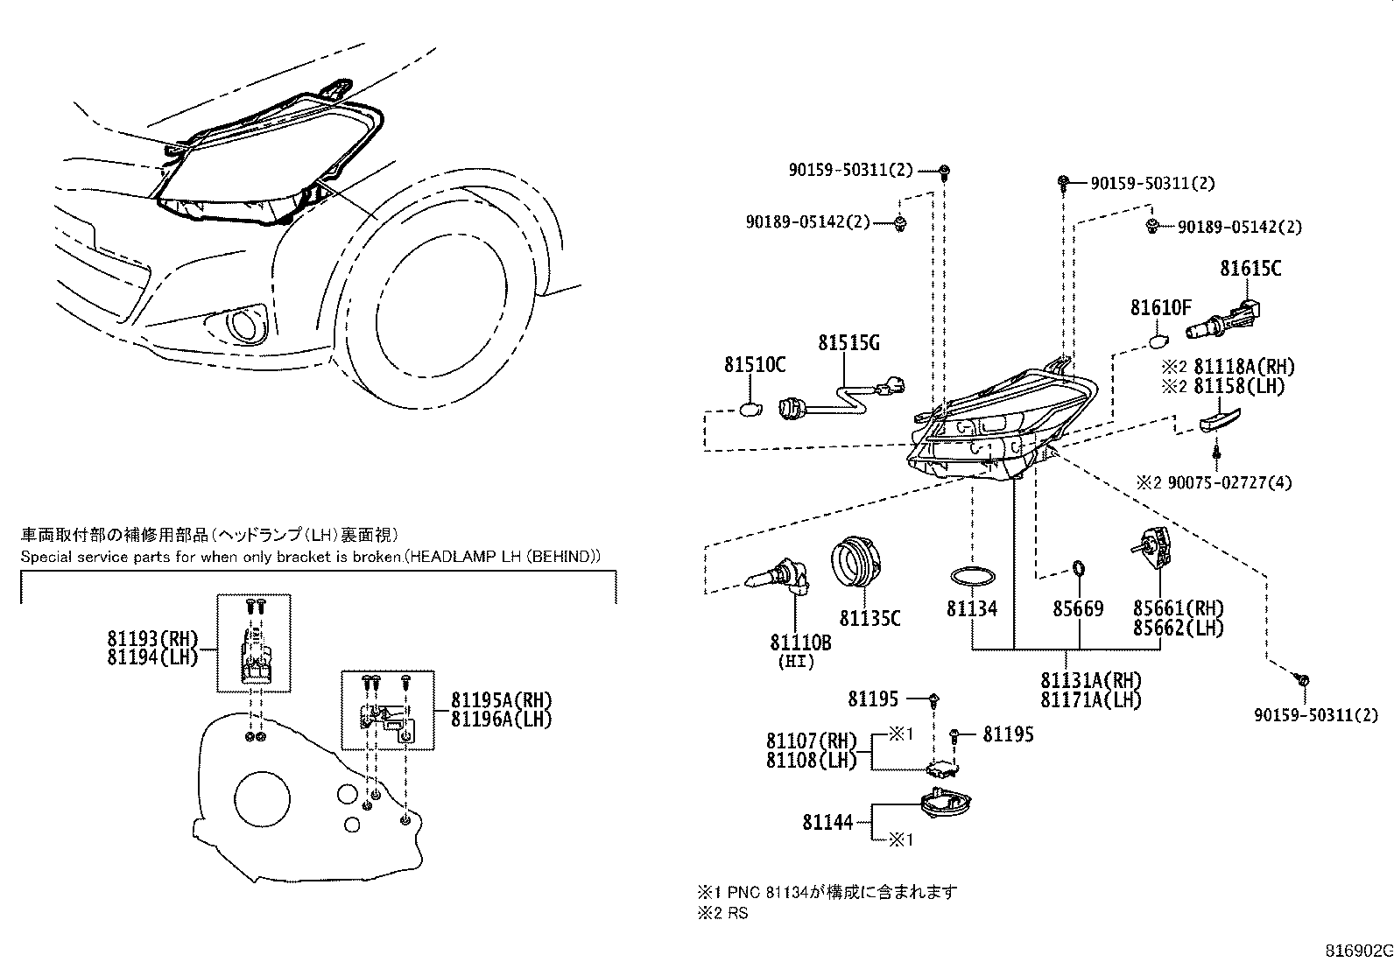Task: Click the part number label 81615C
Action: [x=1250, y=269]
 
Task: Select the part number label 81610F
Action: [x=1159, y=308]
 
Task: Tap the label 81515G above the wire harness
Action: [x=848, y=343]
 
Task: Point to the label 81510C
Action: [x=754, y=365]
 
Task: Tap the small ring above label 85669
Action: [x=1079, y=571]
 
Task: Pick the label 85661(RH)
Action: [x=1178, y=608]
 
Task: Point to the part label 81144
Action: [x=827, y=823]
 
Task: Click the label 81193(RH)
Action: [x=152, y=639]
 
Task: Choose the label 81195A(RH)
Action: [x=502, y=700]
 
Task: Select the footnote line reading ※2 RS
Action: [x=722, y=914]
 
